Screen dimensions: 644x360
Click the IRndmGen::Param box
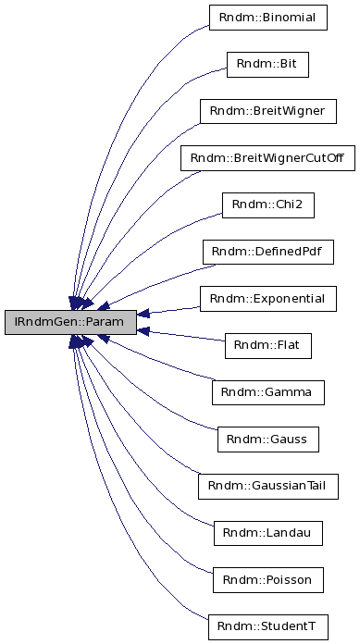click(x=69, y=323)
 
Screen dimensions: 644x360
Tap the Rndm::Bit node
click(x=267, y=64)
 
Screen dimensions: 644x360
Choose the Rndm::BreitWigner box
click(x=267, y=111)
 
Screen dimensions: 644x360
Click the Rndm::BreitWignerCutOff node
click(x=267, y=158)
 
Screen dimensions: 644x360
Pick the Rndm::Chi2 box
click(x=267, y=204)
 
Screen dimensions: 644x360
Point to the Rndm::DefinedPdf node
click(x=267, y=252)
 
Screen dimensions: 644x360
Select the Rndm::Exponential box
click(x=267, y=299)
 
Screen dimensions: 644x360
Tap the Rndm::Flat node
click(x=267, y=346)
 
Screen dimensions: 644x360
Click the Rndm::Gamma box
click(x=267, y=392)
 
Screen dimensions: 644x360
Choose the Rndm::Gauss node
click(x=267, y=440)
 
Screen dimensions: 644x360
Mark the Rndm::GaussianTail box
click(x=267, y=486)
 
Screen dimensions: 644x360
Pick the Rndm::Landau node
click(x=267, y=533)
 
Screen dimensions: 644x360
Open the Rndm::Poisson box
click(x=267, y=580)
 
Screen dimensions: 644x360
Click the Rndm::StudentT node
click(x=267, y=626)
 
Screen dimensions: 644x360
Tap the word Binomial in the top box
click(x=283, y=18)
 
